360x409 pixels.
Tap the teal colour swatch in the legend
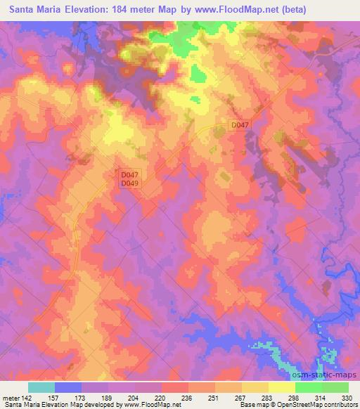coord(41,387)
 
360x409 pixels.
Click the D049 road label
coord(129,183)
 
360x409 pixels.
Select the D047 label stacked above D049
coord(129,175)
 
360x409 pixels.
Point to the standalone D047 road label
coord(240,125)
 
